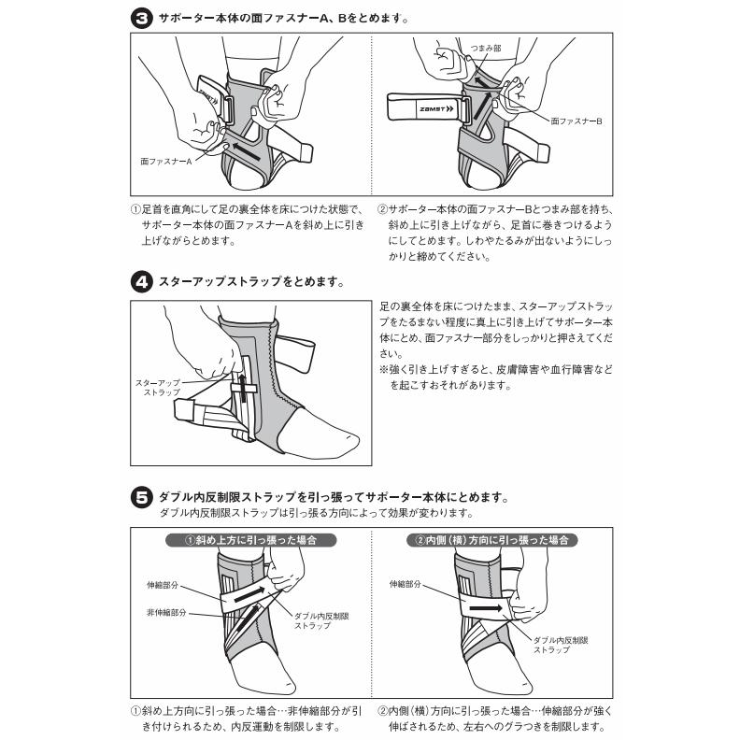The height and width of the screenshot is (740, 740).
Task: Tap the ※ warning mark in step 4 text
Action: (x=384, y=370)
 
